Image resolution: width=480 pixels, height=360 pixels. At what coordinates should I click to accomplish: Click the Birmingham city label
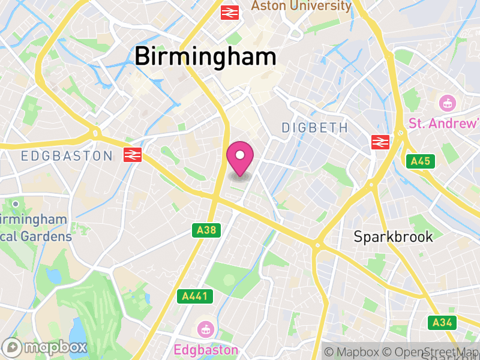coord(205,57)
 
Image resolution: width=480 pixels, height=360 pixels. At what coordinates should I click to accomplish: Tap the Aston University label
coord(301,6)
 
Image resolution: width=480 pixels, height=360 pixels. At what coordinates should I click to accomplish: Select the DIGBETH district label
coord(314,127)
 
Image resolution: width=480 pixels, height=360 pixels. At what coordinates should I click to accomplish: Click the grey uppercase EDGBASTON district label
coord(66,156)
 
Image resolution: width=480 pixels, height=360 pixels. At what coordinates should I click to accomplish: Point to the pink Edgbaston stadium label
coord(206,349)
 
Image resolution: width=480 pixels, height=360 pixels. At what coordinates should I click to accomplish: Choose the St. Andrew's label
coord(443,123)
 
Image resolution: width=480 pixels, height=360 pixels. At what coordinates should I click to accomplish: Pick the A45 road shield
coord(420,161)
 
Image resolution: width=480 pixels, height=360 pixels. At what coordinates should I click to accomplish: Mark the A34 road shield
coord(442,323)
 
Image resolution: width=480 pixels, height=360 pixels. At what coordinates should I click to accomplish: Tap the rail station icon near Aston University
coord(230,12)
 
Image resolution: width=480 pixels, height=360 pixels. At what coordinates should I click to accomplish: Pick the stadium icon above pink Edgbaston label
coord(205,329)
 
